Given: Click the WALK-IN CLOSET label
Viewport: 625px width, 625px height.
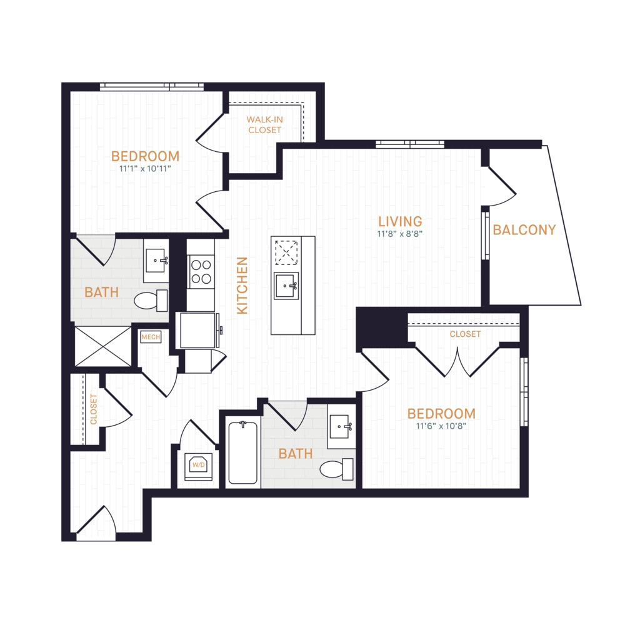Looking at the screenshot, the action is click(x=264, y=125).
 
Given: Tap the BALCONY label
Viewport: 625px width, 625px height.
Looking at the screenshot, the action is click(x=524, y=230).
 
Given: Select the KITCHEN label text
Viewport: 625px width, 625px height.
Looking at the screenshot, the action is click(x=242, y=286).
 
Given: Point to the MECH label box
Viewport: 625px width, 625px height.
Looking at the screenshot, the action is click(x=151, y=337).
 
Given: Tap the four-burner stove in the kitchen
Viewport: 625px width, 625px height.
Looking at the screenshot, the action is click(x=201, y=272).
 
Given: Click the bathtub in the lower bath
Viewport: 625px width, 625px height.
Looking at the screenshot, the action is click(x=242, y=452).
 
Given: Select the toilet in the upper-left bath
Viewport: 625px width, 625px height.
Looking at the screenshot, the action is click(x=151, y=301).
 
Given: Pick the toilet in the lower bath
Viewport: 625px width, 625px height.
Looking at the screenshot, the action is click(x=336, y=469).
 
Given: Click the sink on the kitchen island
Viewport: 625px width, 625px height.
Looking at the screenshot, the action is click(x=286, y=286).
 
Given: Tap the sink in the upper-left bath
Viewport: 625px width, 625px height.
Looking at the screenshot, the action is click(x=156, y=261).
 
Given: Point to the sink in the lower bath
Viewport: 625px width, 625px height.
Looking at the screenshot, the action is click(x=340, y=426).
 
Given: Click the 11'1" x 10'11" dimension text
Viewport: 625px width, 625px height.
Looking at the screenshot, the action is click(x=145, y=169).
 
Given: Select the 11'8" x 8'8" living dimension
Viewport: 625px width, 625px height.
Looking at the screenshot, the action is click(x=400, y=234).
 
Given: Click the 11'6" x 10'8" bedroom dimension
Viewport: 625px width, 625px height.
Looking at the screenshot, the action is click(x=441, y=426).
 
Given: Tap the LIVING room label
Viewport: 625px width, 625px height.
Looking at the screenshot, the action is click(x=400, y=222).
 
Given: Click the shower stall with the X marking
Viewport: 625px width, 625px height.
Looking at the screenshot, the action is click(x=103, y=346).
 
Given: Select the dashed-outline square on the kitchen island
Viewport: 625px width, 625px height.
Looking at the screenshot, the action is click(x=287, y=252).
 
